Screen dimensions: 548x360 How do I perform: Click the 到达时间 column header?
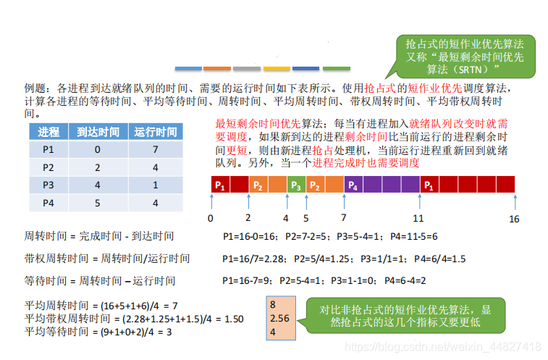point(98,132)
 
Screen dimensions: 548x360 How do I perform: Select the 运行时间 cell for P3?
point(156,185)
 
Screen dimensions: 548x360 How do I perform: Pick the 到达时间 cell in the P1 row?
point(98,149)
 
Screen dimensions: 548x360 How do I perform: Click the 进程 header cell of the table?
point(49,132)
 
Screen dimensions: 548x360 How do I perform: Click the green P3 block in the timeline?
point(295,185)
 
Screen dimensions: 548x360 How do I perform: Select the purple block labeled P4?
point(353,185)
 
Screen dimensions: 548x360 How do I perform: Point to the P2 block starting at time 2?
point(257,185)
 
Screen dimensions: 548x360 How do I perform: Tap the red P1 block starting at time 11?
point(429,185)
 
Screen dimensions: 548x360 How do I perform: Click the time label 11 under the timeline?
point(418,217)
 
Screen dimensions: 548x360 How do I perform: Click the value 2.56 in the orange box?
point(279,318)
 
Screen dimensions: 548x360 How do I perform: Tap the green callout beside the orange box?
point(410,316)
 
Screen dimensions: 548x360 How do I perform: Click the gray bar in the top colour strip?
point(247,68)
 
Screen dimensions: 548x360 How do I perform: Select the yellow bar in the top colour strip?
point(277,68)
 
